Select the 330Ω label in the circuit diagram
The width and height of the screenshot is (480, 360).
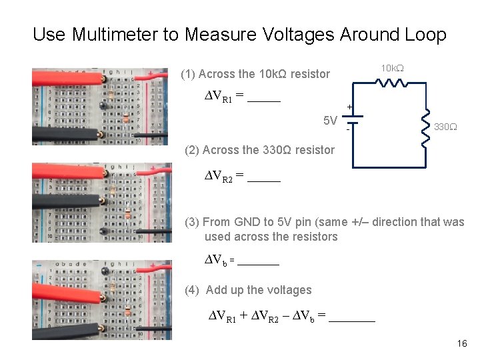tap(445, 127)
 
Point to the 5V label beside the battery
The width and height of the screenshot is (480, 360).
tap(330, 121)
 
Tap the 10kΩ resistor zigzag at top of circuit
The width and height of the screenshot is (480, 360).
tap(391, 83)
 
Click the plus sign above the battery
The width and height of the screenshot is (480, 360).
tap(349, 107)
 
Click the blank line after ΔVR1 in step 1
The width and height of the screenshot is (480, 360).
tap(263, 101)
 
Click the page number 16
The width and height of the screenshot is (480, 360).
tap(462, 343)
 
